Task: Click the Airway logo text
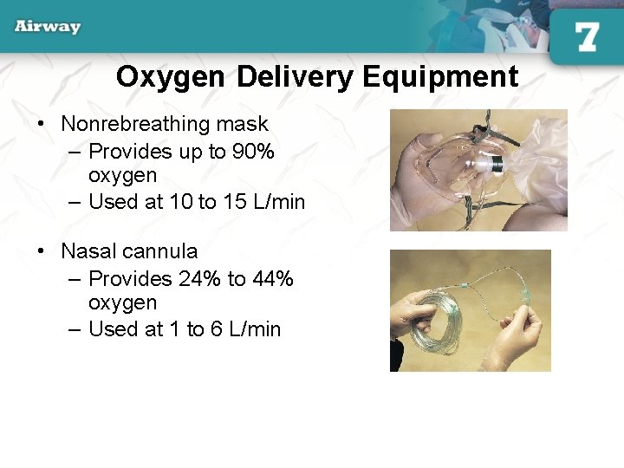48,26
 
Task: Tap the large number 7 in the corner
587,36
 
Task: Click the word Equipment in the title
441,77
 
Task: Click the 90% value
254,152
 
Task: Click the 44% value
273,279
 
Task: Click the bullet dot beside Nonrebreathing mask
42,125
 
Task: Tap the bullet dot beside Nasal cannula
42,251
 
